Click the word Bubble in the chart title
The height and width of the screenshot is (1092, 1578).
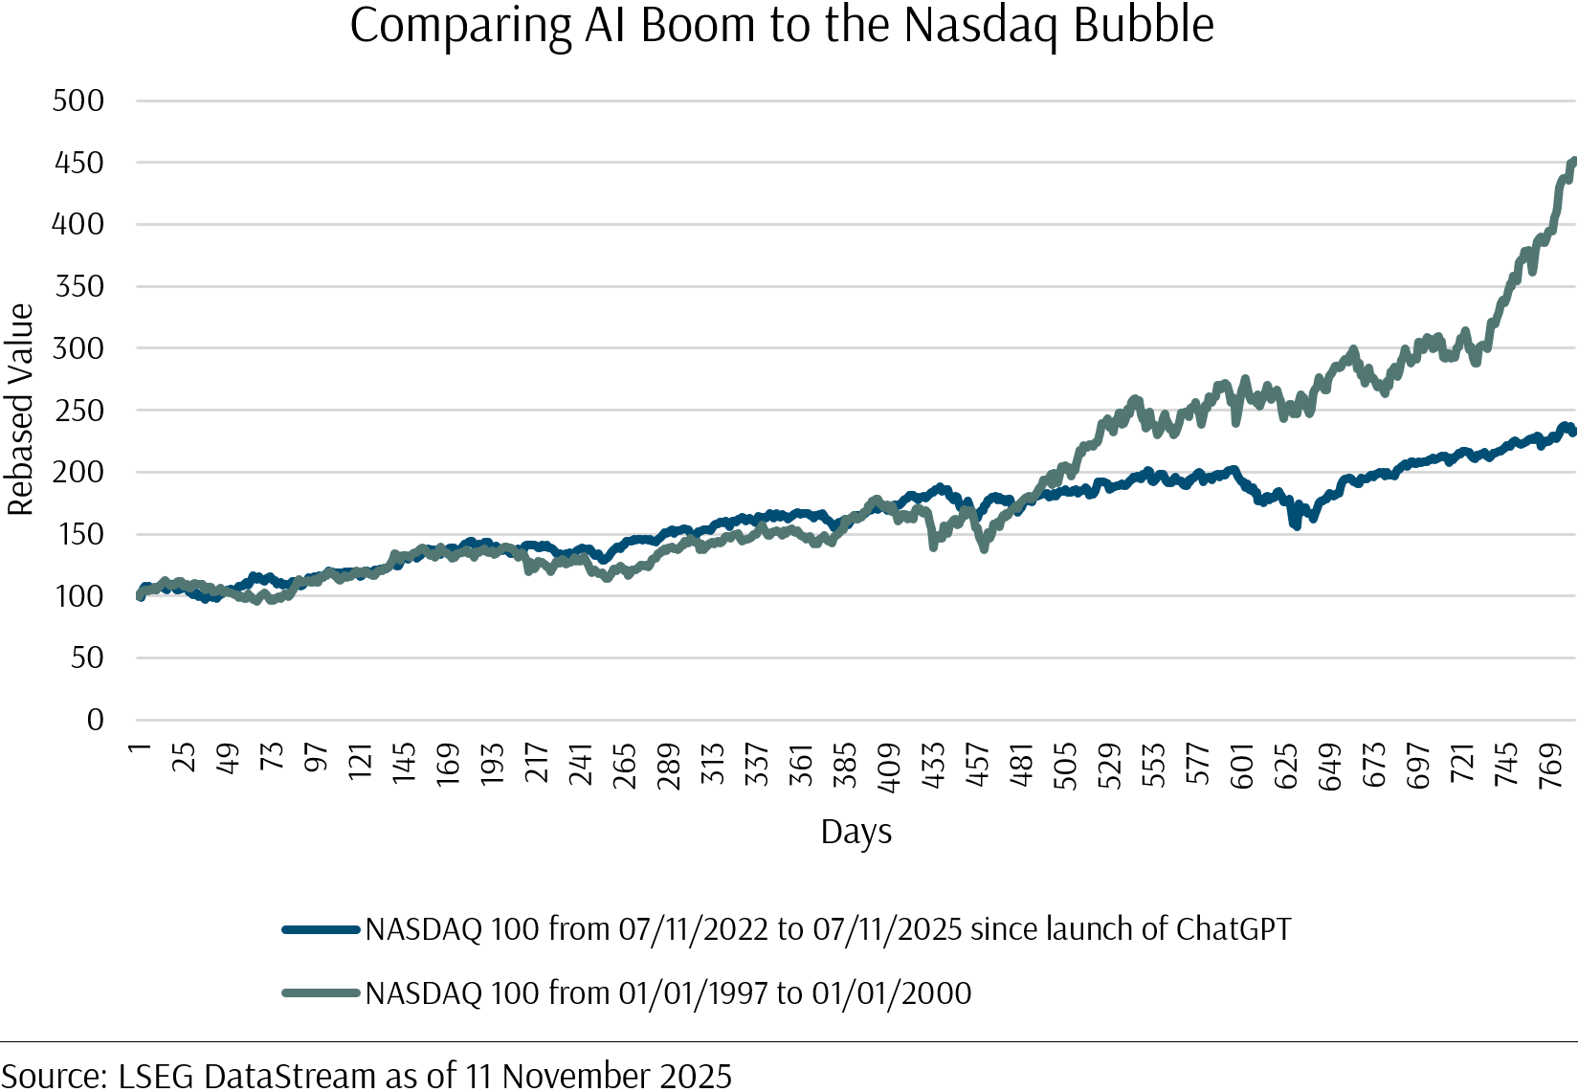[1144, 26]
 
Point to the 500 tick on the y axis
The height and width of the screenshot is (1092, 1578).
[78, 100]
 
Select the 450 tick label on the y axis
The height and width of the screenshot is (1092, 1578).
[78, 163]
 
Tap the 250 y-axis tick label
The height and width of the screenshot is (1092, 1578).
[78, 411]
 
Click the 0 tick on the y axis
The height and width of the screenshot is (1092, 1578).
[95, 720]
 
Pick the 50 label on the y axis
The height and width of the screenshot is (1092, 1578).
[86, 657]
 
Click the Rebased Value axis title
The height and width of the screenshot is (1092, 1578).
[20, 410]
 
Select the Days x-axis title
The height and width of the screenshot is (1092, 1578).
[856, 832]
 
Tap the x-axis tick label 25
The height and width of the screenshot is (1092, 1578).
[184, 757]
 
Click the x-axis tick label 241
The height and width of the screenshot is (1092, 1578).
[581, 764]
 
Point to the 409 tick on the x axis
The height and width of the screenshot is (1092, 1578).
[889, 768]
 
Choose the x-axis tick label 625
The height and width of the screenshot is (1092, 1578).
[1286, 766]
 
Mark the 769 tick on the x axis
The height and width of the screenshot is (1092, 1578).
[1550, 766]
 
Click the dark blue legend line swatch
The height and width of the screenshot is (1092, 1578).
[321, 929]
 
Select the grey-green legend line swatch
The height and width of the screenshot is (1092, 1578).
[321, 993]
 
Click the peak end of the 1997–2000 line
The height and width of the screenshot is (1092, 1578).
[1573, 162]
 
